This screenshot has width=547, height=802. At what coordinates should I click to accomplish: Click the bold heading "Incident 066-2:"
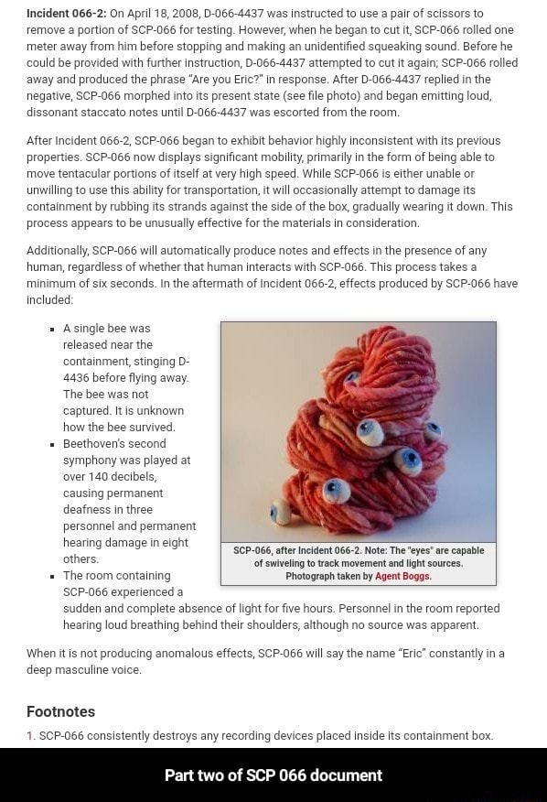(67, 14)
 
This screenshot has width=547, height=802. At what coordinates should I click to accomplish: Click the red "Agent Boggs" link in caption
(403, 576)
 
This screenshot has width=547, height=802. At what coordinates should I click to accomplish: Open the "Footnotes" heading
(60, 711)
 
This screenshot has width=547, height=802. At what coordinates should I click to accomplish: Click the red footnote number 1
(30, 736)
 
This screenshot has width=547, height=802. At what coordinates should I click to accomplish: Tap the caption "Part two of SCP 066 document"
(273, 775)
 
